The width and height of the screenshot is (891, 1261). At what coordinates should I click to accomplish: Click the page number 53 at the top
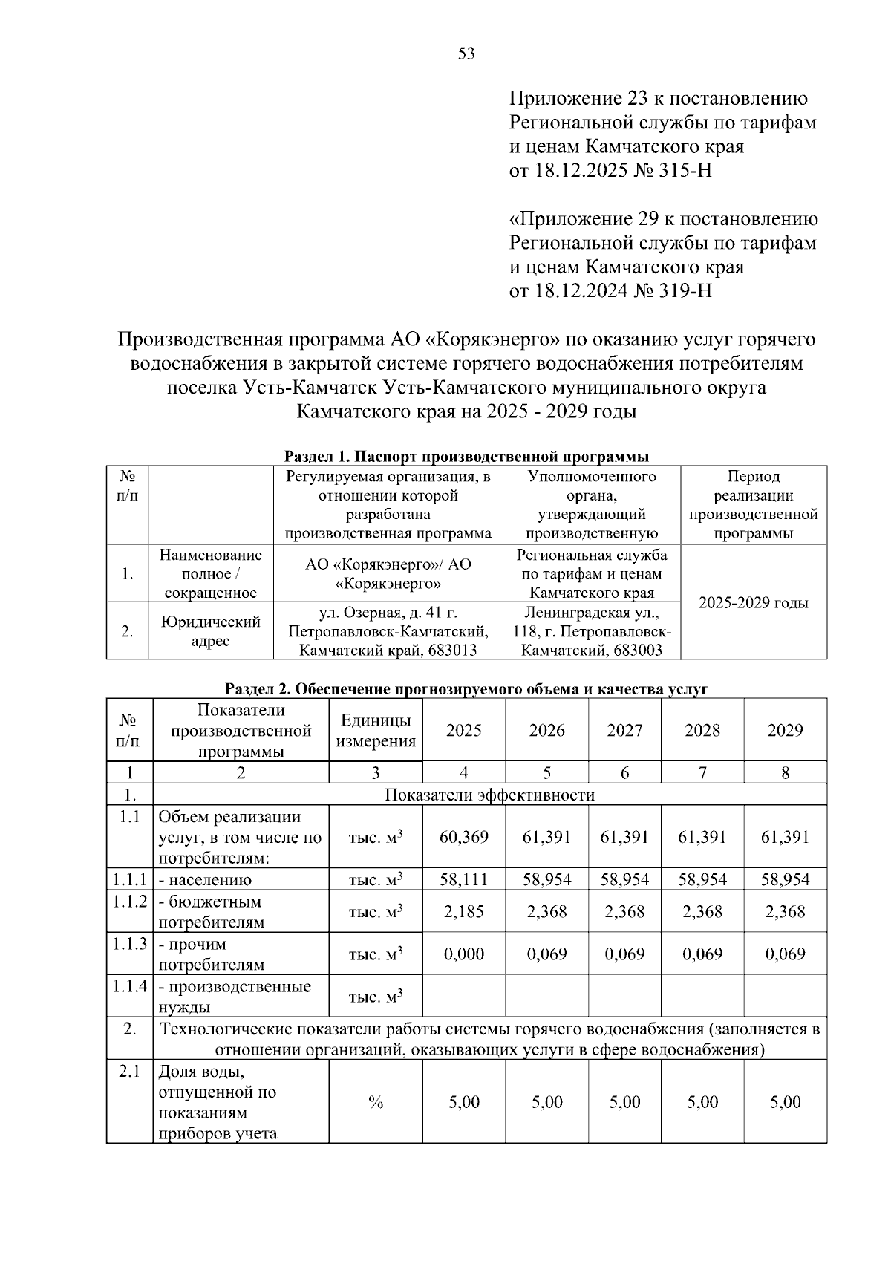pyautogui.click(x=466, y=53)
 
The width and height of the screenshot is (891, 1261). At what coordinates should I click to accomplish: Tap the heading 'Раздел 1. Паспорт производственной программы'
pyautogui.click(x=467, y=455)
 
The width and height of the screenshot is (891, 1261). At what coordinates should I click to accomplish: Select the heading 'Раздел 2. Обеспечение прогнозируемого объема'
pyautogui.click(x=467, y=688)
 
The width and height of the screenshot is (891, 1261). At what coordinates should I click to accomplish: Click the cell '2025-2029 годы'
pyautogui.click(x=754, y=602)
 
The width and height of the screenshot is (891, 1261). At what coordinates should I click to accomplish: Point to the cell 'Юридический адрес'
pyautogui.click(x=210, y=630)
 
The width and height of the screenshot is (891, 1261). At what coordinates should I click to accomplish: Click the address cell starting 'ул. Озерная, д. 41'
pyautogui.click(x=388, y=631)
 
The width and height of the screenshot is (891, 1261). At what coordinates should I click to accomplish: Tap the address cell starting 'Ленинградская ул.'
pyautogui.click(x=592, y=631)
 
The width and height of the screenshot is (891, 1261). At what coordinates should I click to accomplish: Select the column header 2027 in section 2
pyautogui.click(x=624, y=730)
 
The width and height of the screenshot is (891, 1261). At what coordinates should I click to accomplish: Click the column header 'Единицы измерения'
pyautogui.click(x=376, y=730)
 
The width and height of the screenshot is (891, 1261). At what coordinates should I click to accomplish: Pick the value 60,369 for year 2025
pyautogui.click(x=464, y=837)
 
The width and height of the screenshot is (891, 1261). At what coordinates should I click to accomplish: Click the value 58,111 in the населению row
pyautogui.click(x=464, y=879)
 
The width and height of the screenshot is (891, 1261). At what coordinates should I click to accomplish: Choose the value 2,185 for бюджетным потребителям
pyautogui.click(x=464, y=911)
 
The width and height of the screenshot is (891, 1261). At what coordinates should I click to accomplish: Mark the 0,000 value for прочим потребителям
pyautogui.click(x=464, y=954)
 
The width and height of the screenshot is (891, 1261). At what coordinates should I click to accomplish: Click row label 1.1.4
pyautogui.click(x=129, y=986)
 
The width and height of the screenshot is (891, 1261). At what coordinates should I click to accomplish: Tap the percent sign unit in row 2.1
pyautogui.click(x=376, y=1102)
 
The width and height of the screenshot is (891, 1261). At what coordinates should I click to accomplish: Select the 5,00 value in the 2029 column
pyautogui.click(x=785, y=1102)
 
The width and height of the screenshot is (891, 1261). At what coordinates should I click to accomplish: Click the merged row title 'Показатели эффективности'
pyautogui.click(x=489, y=795)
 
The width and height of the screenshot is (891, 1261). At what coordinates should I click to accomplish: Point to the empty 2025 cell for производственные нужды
pyautogui.click(x=464, y=996)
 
